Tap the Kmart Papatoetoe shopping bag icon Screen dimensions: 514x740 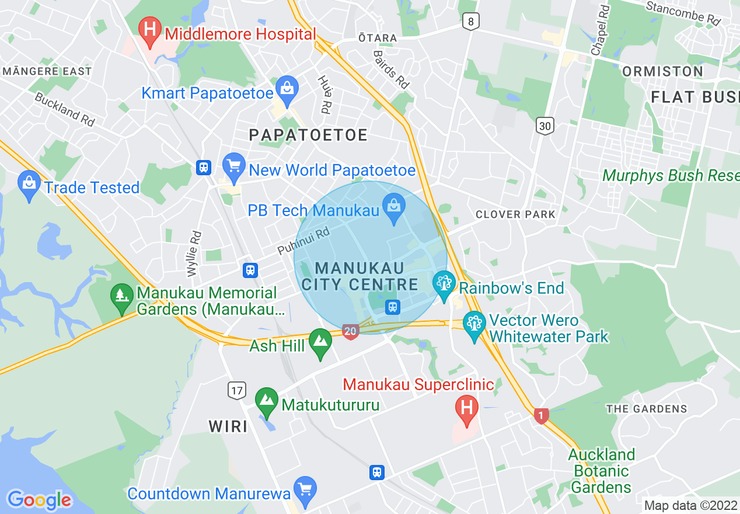click(287, 88)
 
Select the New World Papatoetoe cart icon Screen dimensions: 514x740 click(234, 165)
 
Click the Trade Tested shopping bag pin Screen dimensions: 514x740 click(30, 183)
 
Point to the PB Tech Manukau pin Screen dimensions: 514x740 click(394, 206)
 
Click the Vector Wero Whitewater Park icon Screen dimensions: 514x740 click(474, 324)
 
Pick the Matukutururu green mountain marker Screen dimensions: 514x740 click(267, 400)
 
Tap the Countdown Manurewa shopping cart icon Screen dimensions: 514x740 click(304, 489)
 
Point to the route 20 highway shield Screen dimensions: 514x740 click(350, 332)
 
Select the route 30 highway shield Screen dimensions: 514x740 click(544, 126)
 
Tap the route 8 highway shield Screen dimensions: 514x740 click(471, 22)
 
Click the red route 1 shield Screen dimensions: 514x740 click(541, 416)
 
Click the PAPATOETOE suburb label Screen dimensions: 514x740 click(308, 135)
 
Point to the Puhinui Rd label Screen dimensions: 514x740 click(303, 241)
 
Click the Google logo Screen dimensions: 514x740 click(39, 500)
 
